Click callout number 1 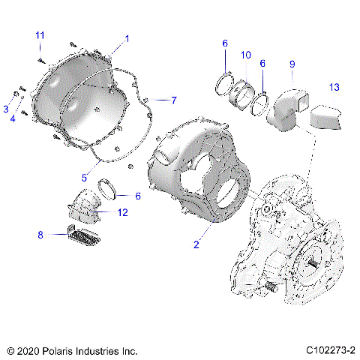tap(127, 37)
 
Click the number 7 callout tap(173, 100)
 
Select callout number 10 tap(246, 55)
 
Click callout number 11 tap(40, 35)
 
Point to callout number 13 tap(334, 87)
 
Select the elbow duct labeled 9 tap(289, 106)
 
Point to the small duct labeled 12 tap(85, 206)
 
